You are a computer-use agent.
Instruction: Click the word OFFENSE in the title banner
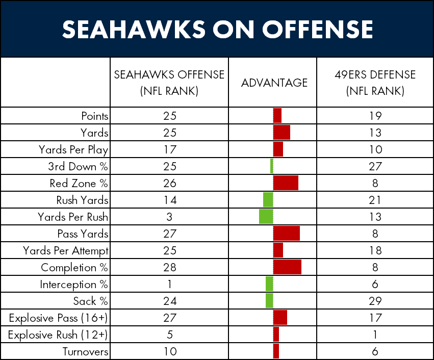[x=318, y=29]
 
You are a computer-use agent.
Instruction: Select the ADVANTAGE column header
[x=274, y=83]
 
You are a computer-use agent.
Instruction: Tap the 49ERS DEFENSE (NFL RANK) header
[x=375, y=83]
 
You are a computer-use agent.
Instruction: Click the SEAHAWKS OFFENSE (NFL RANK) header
[x=169, y=83]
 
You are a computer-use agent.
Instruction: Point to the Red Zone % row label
[x=79, y=183]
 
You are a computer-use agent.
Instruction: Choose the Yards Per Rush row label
[x=73, y=217]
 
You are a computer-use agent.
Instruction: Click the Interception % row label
[x=73, y=285]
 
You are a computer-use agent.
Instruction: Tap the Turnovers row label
[x=85, y=352]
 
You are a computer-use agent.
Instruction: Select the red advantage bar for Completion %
[x=287, y=267]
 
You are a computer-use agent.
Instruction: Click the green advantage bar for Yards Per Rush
[x=266, y=217]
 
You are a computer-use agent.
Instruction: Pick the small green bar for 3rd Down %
[x=272, y=166]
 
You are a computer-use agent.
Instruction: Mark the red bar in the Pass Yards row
[x=287, y=234]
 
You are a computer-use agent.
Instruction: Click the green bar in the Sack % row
[x=269, y=301]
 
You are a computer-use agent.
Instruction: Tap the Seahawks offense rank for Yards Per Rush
[x=169, y=217]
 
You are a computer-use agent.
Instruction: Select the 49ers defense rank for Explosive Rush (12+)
[x=375, y=335]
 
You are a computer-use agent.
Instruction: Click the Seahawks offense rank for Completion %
[x=170, y=268]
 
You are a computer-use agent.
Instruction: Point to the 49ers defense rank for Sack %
[x=375, y=301]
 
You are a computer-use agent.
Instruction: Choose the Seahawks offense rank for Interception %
[x=169, y=284]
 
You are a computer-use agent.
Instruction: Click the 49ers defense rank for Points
[x=375, y=116]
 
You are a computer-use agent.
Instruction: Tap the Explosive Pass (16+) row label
[x=58, y=318]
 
